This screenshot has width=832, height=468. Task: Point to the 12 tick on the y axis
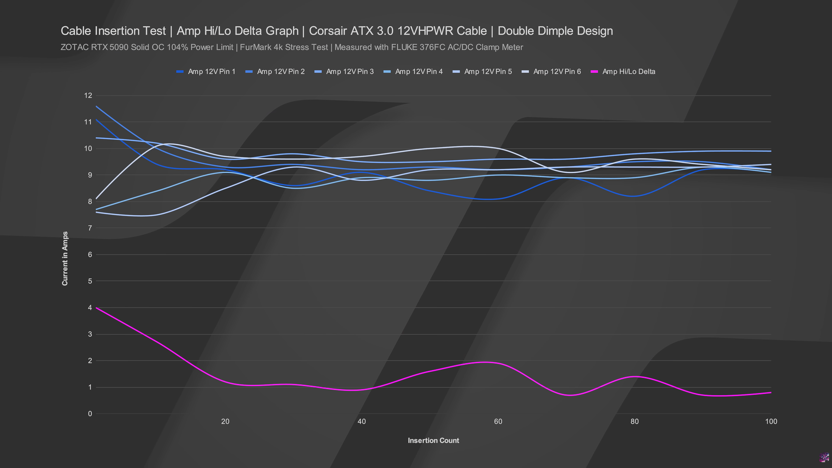coord(88,96)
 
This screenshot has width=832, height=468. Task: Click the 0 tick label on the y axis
coord(90,414)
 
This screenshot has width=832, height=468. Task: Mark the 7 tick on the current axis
coord(90,228)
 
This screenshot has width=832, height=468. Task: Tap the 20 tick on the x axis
coord(225,421)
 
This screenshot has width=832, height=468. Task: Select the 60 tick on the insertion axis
coord(498,421)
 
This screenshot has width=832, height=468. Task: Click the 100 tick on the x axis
coord(771,421)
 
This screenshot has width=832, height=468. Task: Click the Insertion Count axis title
coord(433,440)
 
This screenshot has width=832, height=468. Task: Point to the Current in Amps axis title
coord(65,258)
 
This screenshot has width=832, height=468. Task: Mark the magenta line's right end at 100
coord(771,392)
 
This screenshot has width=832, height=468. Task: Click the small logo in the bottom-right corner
coord(825,457)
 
